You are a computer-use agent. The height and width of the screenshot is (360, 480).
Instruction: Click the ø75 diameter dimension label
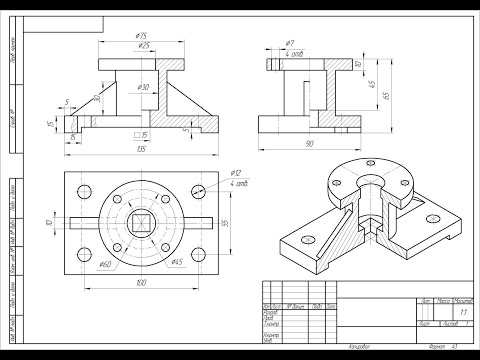point(141,36)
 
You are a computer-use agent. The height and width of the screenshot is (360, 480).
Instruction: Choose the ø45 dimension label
point(176,262)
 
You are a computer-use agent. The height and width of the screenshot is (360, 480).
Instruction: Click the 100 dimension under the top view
point(141,284)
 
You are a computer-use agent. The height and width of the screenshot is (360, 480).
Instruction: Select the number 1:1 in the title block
point(463,312)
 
